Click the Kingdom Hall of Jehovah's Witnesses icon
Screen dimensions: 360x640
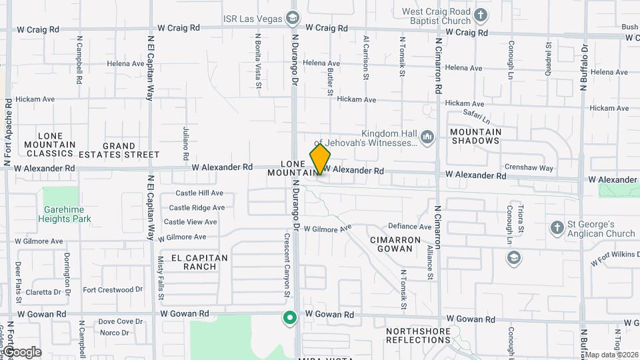coord(427,137)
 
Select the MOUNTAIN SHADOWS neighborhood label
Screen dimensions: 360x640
coord(476,136)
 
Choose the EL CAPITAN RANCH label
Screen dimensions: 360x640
coord(199,262)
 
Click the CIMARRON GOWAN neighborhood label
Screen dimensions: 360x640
coord(396,244)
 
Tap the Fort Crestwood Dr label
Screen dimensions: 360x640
coord(113,290)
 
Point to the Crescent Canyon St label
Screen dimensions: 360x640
coord(287,265)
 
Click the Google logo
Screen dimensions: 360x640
coord(22,352)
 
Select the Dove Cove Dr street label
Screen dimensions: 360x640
coord(121,321)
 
